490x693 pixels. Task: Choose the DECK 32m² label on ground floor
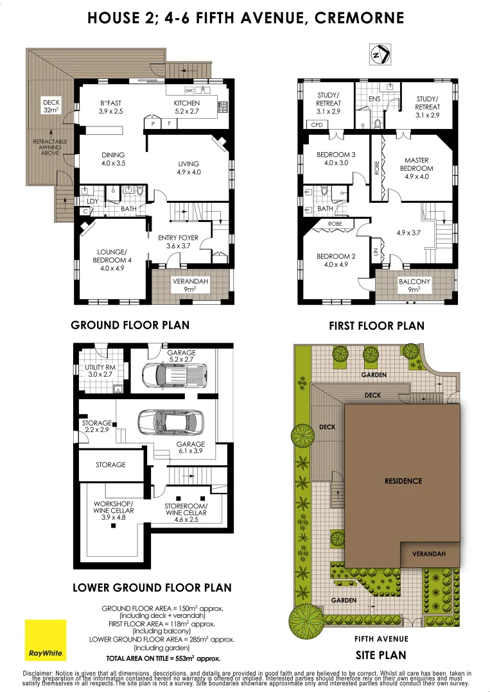tap(51, 106)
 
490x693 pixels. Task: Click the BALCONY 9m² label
tap(414, 286)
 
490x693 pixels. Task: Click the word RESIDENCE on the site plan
tap(403, 481)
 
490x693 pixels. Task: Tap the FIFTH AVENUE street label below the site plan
tap(381, 639)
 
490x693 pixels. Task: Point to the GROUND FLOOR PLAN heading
tap(130, 325)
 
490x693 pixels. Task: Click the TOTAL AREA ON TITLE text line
tap(163, 658)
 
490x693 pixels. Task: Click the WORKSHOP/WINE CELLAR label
tap(113, 507)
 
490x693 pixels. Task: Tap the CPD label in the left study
tap(317, 125)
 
